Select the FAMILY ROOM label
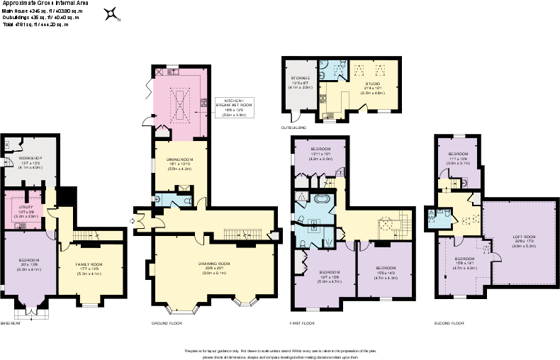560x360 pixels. point(90,264)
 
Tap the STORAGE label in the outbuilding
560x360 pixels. point(300,78)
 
